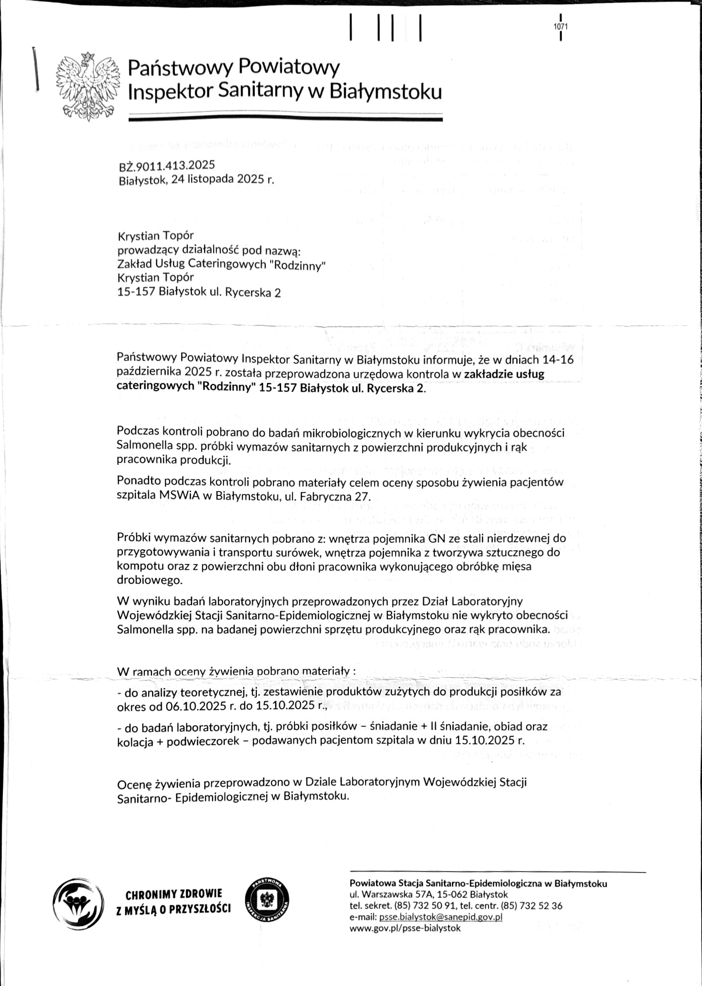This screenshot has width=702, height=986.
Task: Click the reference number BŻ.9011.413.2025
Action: tap(167, 165)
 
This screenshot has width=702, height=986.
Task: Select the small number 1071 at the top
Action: tap(561, 27)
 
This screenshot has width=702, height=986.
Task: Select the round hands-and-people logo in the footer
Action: tap(78, 901)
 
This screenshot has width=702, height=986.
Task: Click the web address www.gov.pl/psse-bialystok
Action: tap(405, 928)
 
